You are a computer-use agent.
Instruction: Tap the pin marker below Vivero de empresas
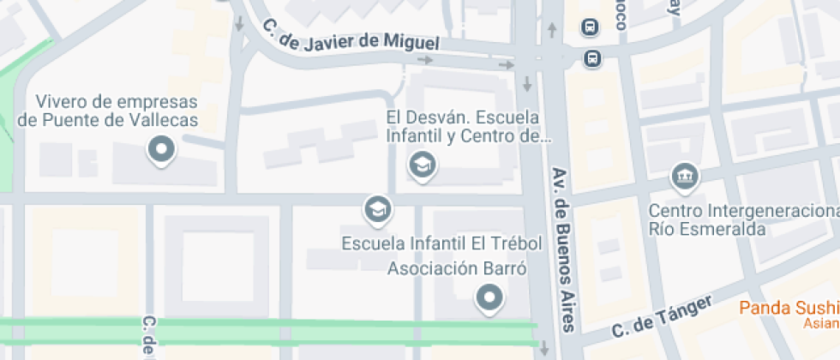tap(160, 151)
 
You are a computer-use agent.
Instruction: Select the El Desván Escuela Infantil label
tap(463, 126)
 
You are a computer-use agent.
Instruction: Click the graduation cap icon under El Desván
tap(422, 164)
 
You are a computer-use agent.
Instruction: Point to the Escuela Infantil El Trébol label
tap(442, 243)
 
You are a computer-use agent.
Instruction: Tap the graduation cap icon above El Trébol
tap(375, 207)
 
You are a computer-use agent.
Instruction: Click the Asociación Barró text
tap(456, 269)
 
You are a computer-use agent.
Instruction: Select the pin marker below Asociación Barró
tap(489, 297)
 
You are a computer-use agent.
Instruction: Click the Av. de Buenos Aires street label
tap(562, 248)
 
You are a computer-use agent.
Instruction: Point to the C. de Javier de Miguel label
tap(351, 36)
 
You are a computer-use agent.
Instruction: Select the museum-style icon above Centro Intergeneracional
tap(685, 177)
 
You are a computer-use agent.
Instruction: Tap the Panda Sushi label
tap(789, 308)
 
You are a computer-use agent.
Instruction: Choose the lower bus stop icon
tap(591, 58)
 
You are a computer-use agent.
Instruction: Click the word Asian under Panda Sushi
tap(821, 323)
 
